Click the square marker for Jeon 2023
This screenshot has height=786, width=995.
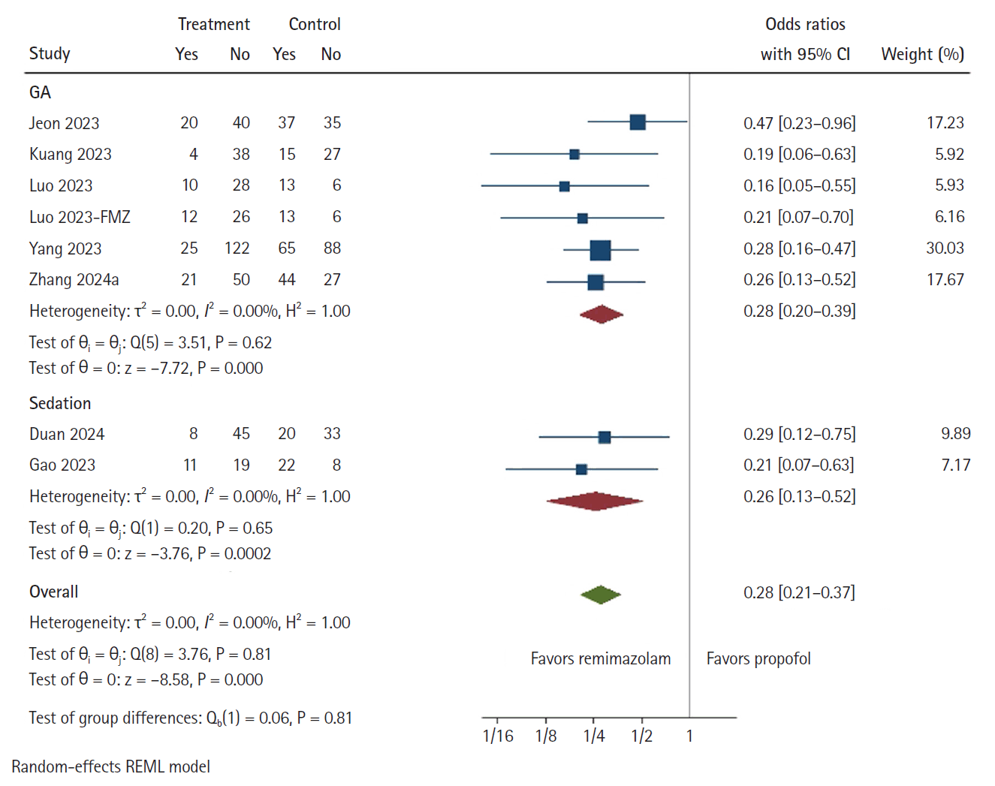click(x=638, y=122)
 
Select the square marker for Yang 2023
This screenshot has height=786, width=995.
click(x=600, y=250)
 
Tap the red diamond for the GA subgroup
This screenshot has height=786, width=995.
click(x=601, y=314)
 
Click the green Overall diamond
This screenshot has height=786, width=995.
click(x=601, y=595)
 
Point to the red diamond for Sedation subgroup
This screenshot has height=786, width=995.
click(x=595, y=501)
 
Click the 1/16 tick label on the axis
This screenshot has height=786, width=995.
click(x=498, y=736)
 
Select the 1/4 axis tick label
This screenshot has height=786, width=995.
click(x=594, y=736)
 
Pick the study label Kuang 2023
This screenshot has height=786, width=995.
click(x=70, y=154)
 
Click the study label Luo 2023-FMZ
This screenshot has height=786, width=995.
click(x=80, y=217)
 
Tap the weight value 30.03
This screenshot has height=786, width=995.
click(x=945, y=248)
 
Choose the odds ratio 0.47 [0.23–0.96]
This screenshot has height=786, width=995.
click(x=799, y=123)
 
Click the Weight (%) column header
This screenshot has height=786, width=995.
click(x=922, y=54)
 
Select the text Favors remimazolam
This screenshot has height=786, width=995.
click(x=601, y=658)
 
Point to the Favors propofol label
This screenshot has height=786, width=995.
click(x=758, y=658)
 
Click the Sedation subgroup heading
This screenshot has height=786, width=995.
click(x=60, y=403)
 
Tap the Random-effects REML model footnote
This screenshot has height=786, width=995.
click(x=110, y=766)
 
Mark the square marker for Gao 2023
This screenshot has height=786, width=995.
click(x=581, y=469)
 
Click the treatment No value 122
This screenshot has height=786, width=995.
click(x=237, y=248)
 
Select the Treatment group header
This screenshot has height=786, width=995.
click(x=214, y=24)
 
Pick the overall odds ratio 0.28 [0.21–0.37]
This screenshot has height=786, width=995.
click(x=799, y=592)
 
